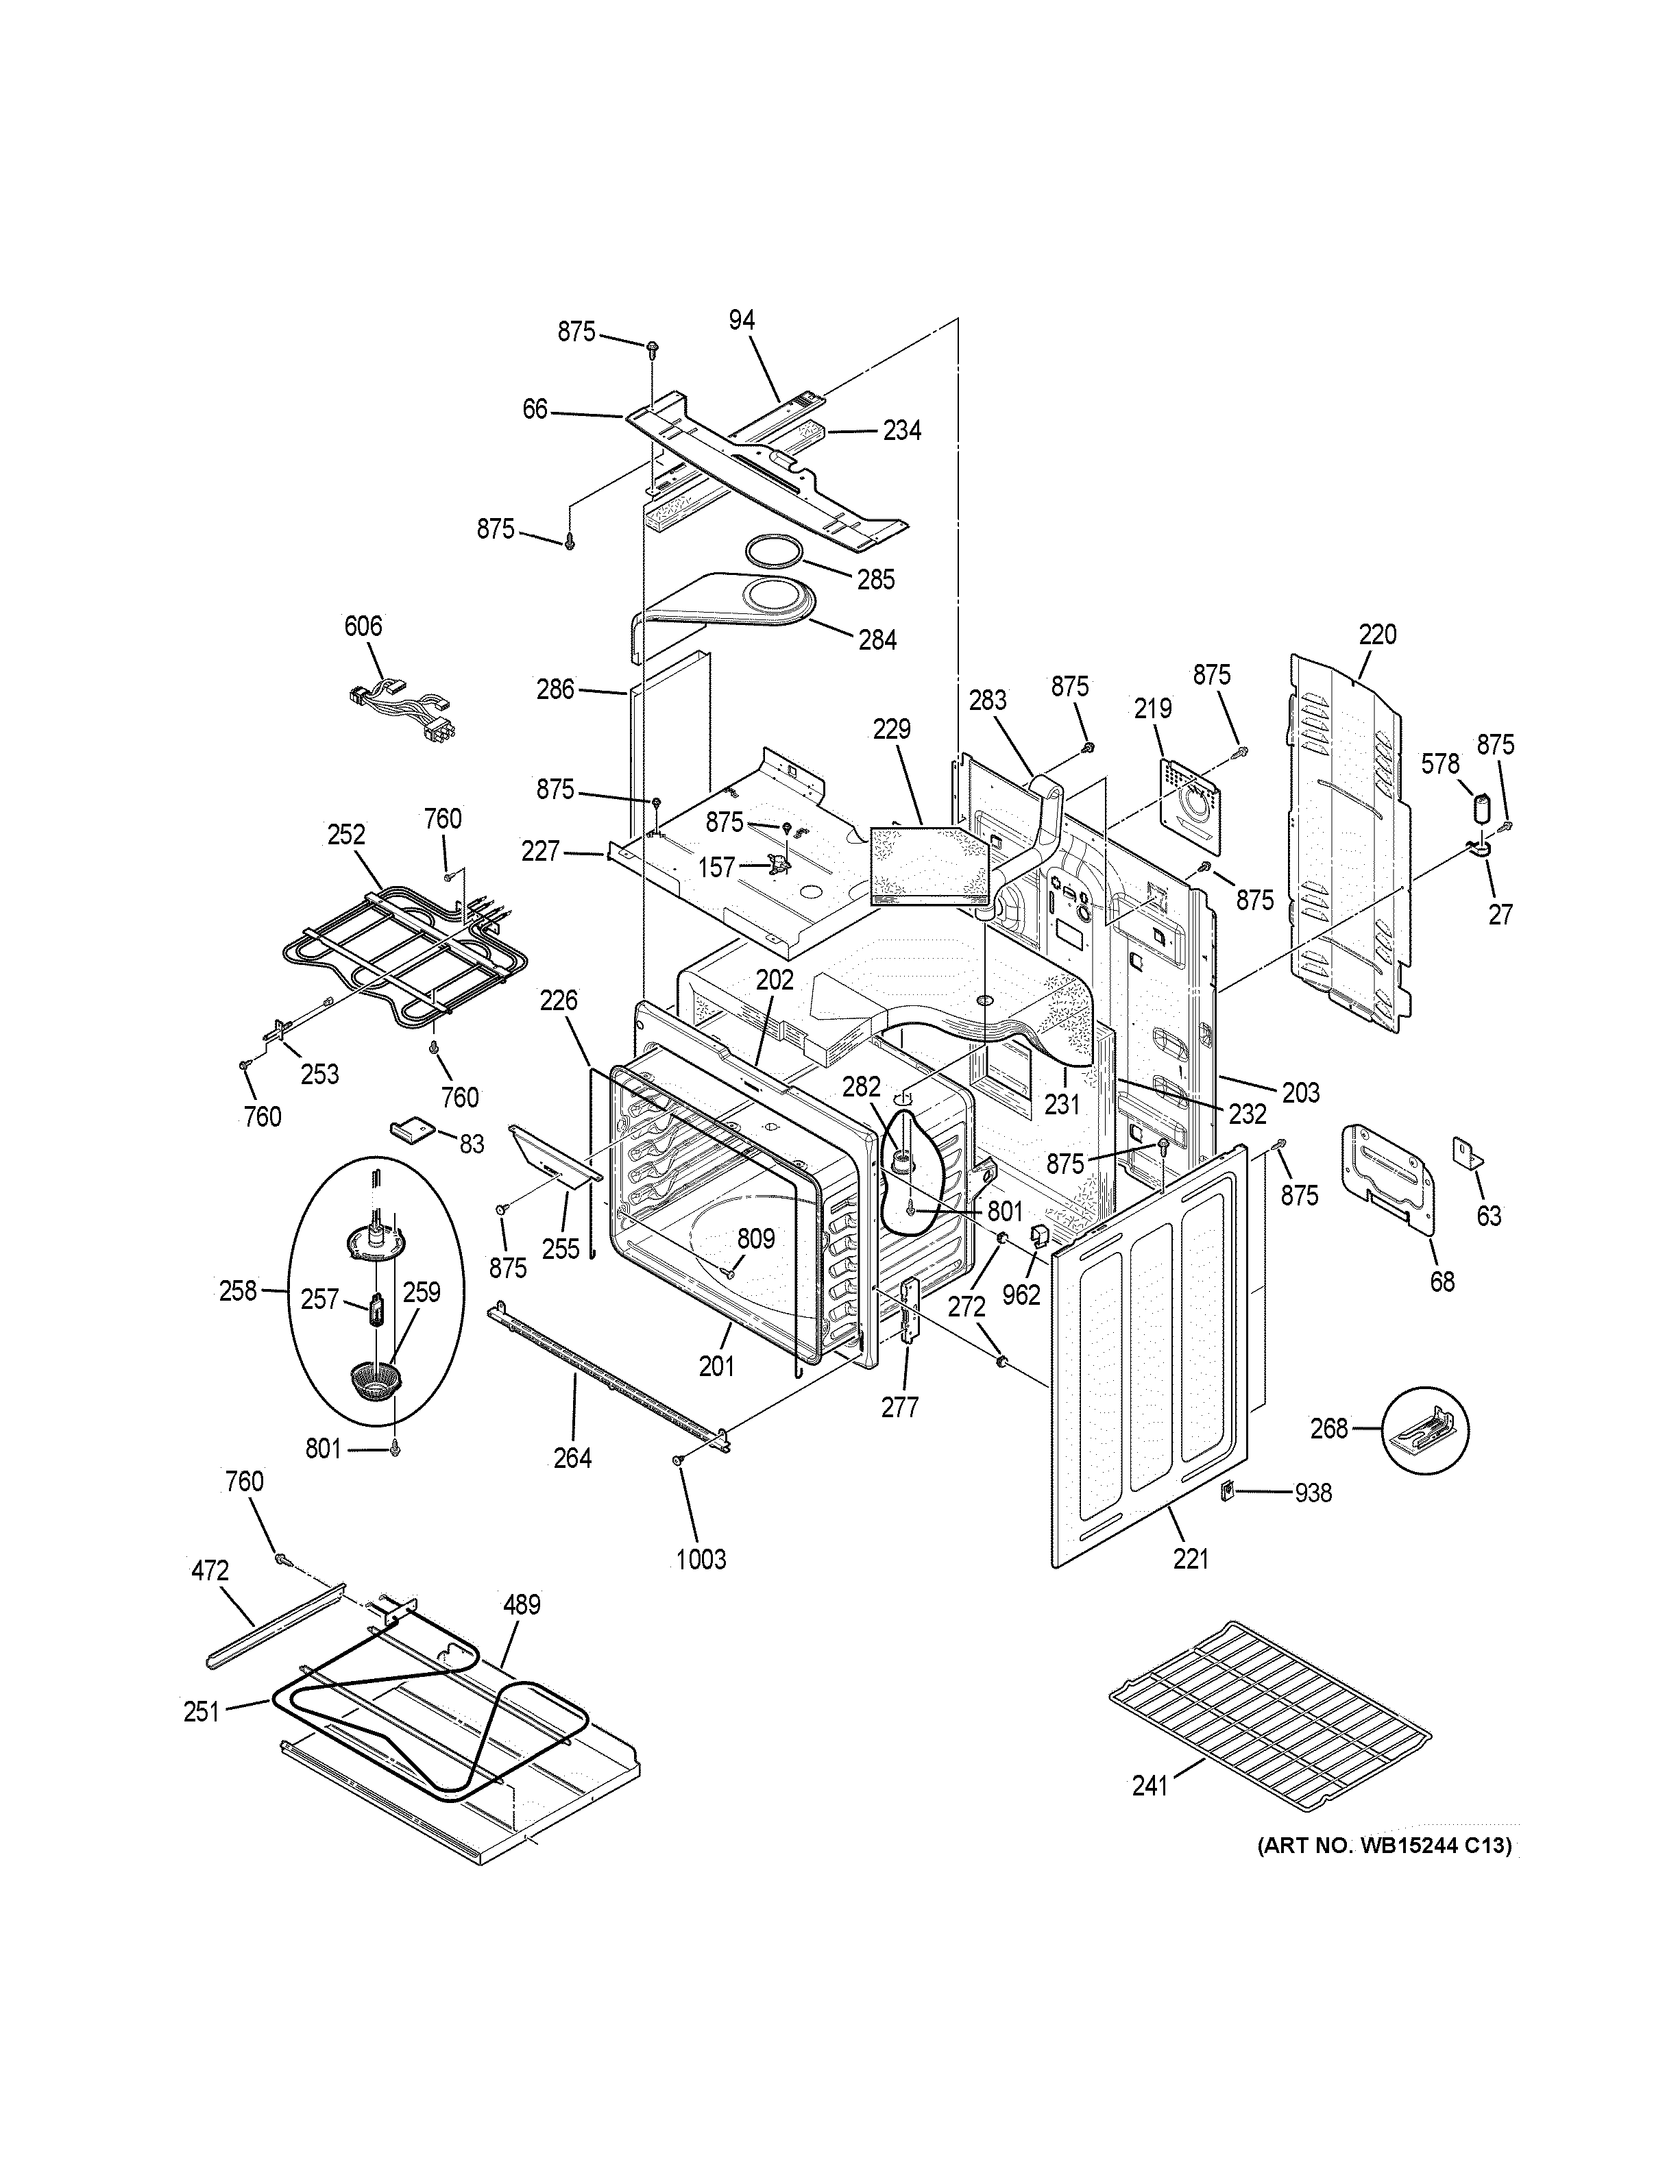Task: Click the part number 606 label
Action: click(x=363, y=626)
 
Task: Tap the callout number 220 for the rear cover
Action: click(x=1378, y=634)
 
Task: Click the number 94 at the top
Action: click(x=742, y=320)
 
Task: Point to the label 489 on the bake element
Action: click(x=521, y=1604)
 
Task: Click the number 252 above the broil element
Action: click(x=346, y=835)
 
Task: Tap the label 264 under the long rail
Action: click(x=572, y=1458)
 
